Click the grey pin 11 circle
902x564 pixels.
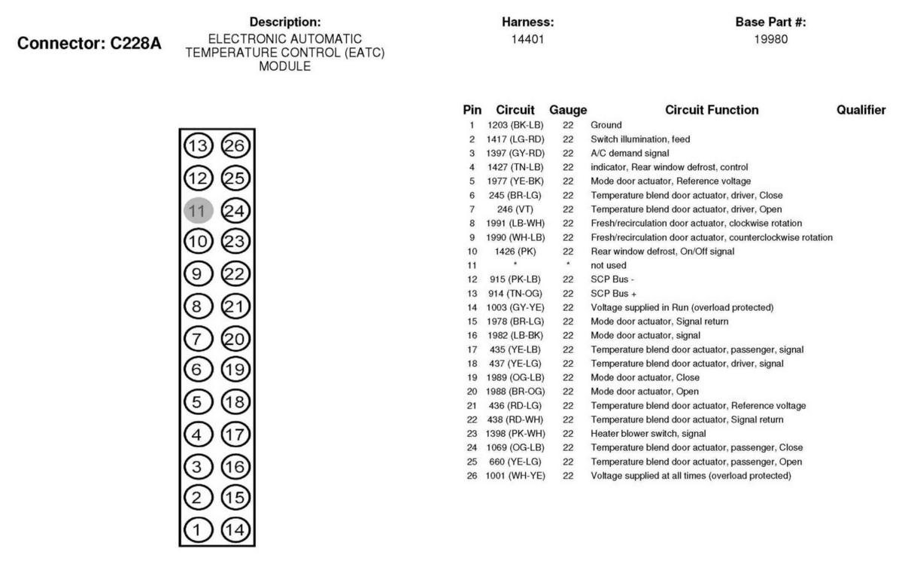coord(199,210)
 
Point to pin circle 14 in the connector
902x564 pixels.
coord(235,530)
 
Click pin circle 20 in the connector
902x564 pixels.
coord(235,338)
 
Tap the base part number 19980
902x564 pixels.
coord(770,38)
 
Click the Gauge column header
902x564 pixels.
coord(568,110)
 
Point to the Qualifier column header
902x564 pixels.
coord(861,110)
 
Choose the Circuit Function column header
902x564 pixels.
coord(712,110)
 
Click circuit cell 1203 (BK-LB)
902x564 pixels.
coord(515,125)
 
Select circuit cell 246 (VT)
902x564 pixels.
coord(515,209)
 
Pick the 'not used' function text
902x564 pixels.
coord(609,265)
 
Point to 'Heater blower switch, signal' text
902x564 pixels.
coord(648,434)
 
